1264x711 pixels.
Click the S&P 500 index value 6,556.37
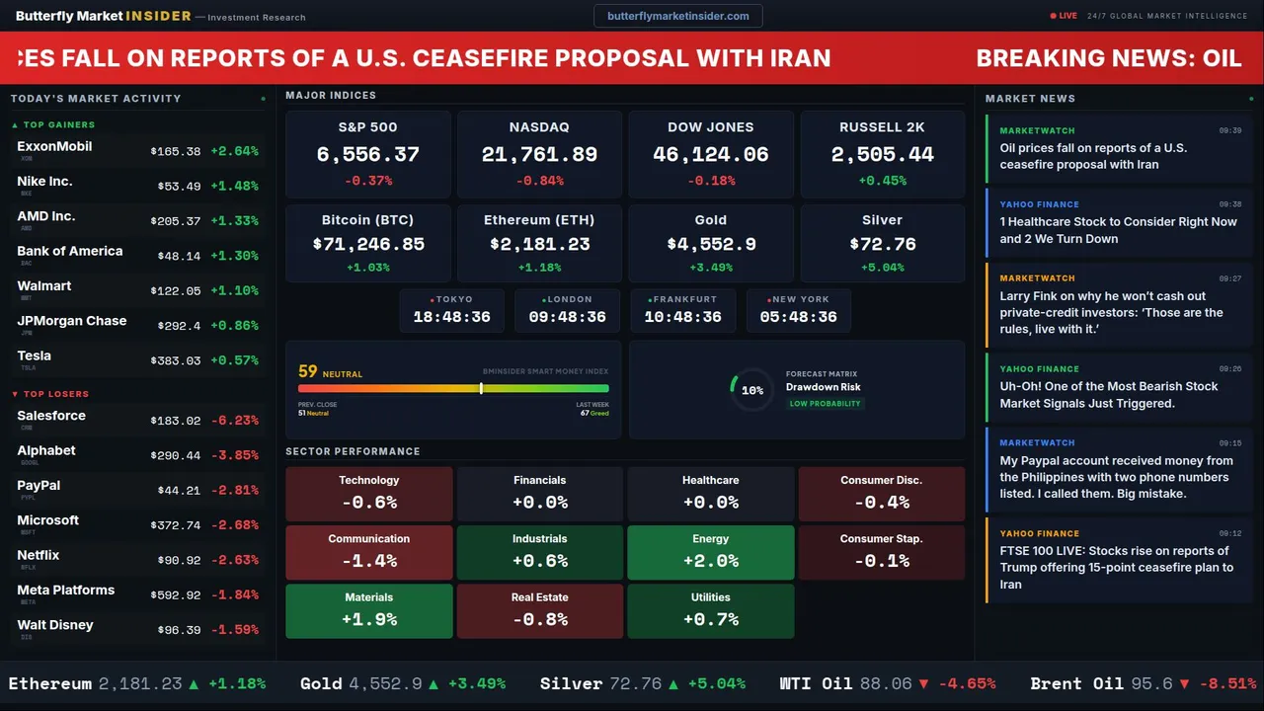(x=367, y=155)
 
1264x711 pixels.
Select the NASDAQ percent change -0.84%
(x=539, y=181)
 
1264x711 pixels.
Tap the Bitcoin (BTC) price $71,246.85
(x=368, y=244)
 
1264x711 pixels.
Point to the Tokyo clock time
(x=451, y=317)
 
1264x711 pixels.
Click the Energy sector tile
(x=710, y=552)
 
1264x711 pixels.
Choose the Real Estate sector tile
(x=539, y=610)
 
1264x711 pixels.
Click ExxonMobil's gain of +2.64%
(x=234, y=152)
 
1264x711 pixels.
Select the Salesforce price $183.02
(x=176, y=421)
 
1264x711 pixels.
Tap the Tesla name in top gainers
(x=34, y=356)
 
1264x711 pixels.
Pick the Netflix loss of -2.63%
(x=234, y=561)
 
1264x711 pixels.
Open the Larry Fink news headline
(x=1111, y=312)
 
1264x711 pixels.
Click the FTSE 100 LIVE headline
(x=1116, y=567)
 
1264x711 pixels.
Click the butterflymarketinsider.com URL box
(x=677, y=16)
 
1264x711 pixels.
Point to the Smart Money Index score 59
(x=308, y=372)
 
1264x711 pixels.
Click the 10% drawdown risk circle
(x=751, y=390)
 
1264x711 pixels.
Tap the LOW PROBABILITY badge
(x=825, y=404)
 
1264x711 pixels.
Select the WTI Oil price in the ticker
(x=886, y=683)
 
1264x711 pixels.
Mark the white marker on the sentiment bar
(x=481, y=388)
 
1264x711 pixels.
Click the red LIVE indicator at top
(x=1064, y=16)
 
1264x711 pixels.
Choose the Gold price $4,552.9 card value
(x=710, y=244)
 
